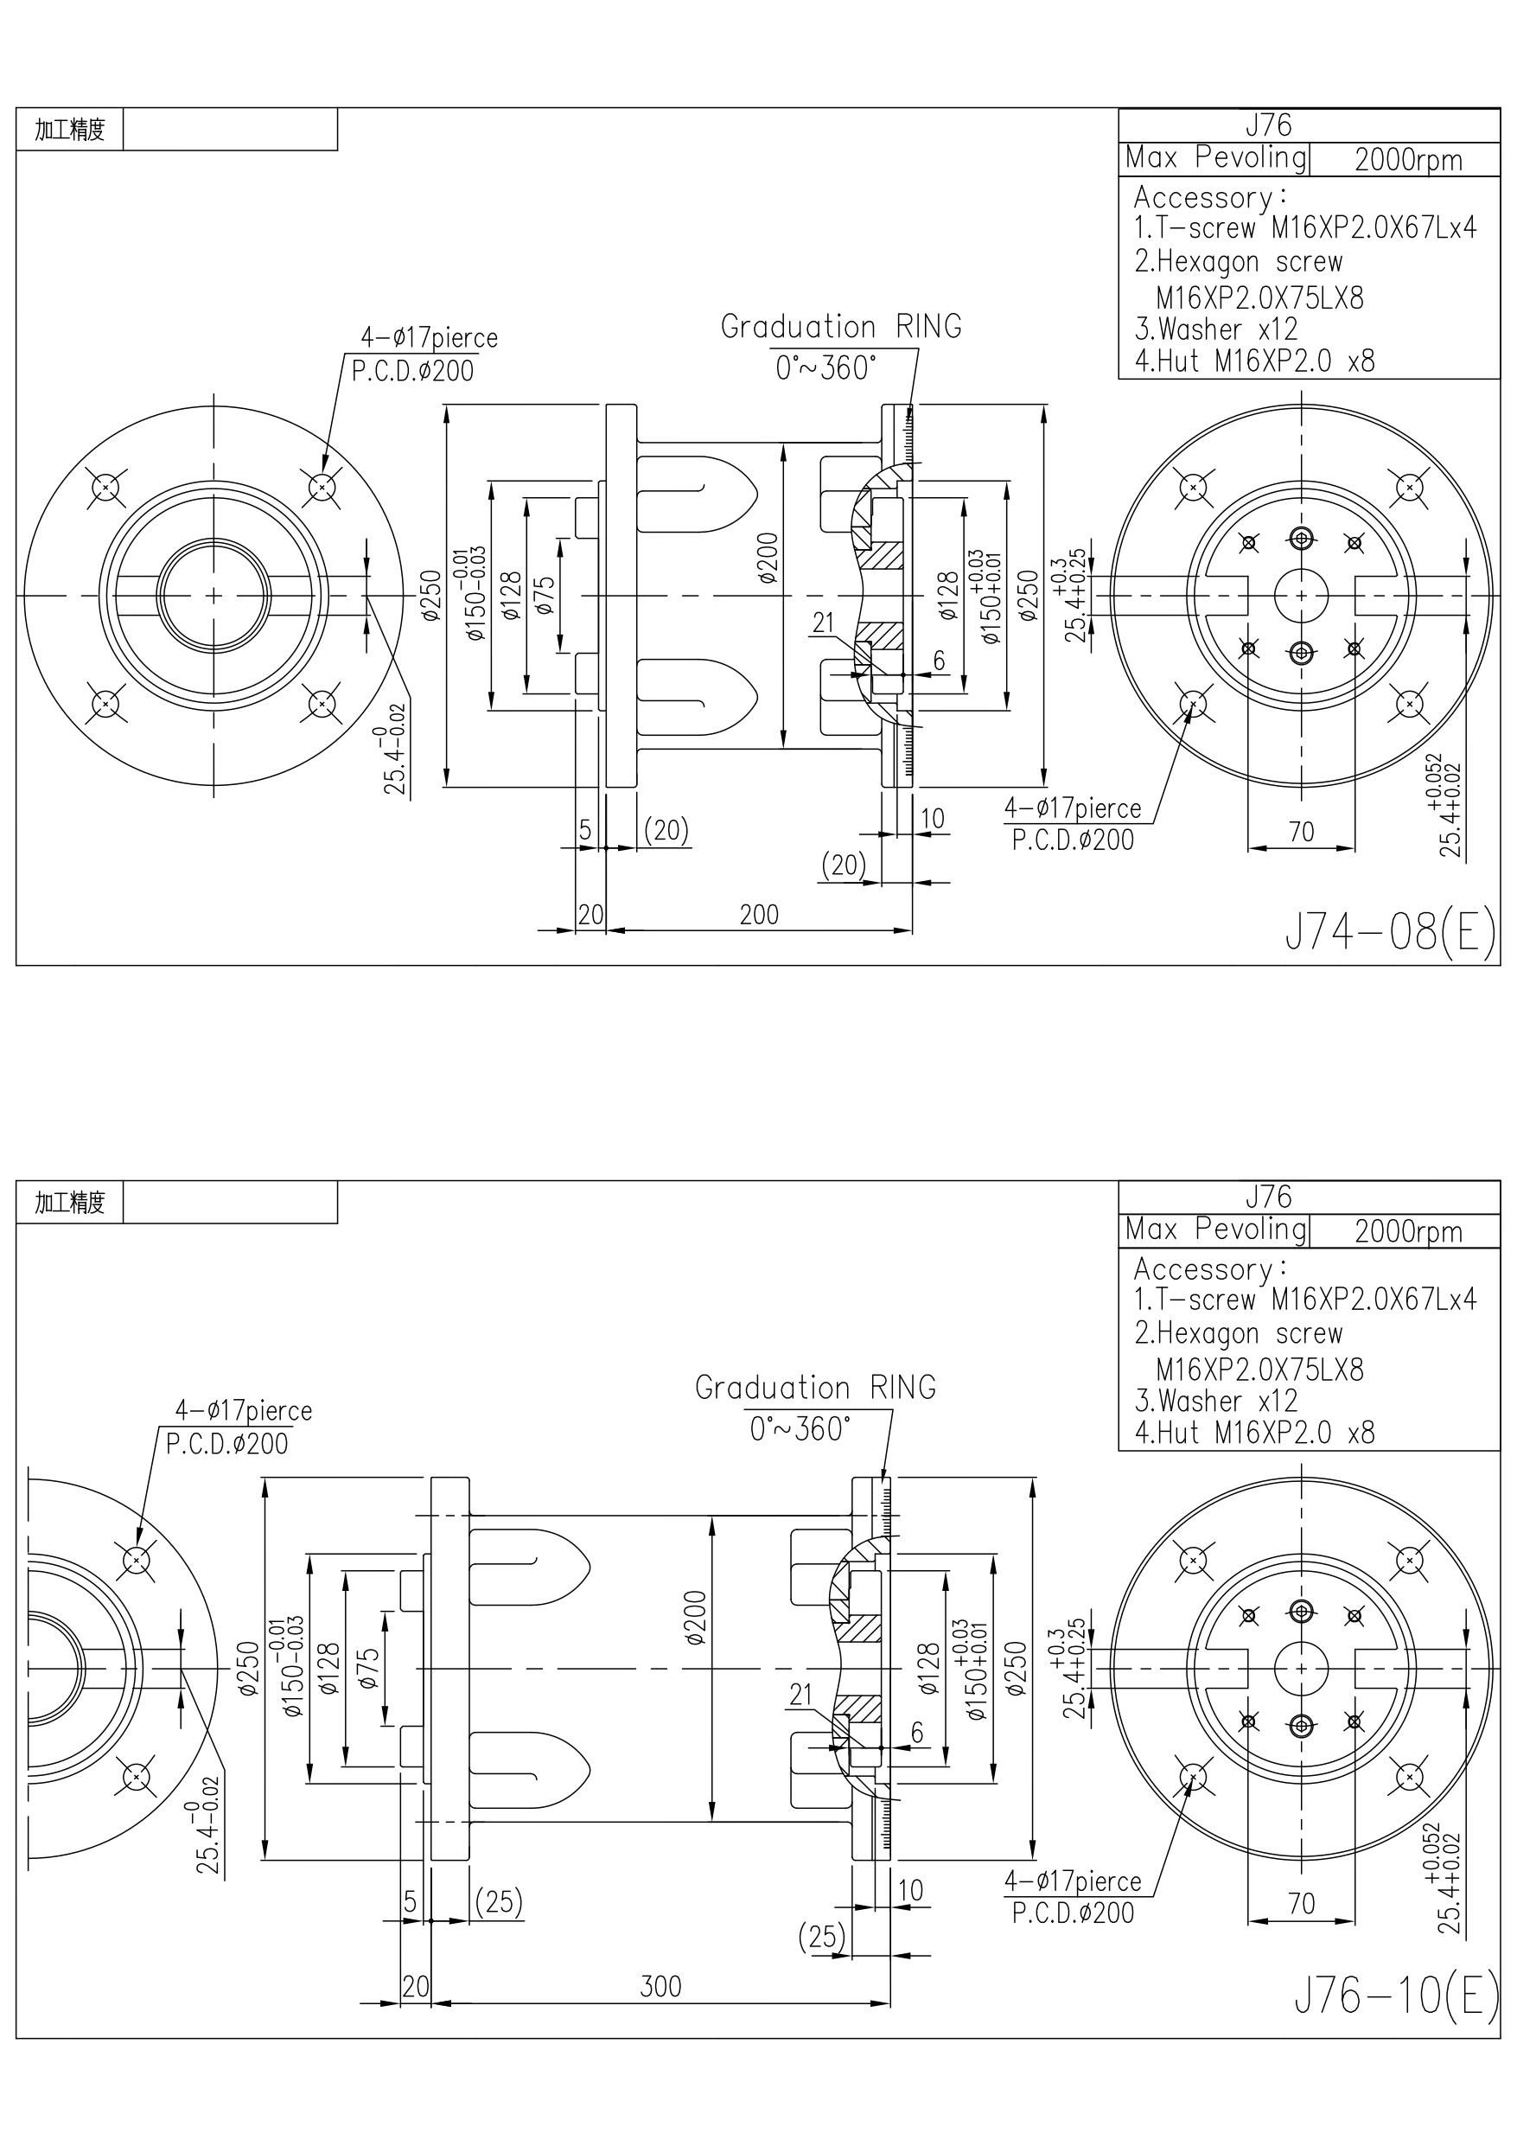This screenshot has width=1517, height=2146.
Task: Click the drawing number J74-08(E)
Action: coord(1391,931)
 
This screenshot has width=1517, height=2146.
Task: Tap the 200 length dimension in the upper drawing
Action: coord(758,915)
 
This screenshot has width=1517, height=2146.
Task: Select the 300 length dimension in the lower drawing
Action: coord(660,1986)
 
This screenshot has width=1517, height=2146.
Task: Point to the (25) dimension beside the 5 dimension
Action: coord(498,1901)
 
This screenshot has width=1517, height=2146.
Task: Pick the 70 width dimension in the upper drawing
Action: coord(1301,832)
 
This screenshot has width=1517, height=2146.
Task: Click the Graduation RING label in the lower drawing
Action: coord(815,1387)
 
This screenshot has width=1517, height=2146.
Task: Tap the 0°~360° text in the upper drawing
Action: coord(826,368)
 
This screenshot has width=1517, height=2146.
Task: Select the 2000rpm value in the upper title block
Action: coord(1407,160)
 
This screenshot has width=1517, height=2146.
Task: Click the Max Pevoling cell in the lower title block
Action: coord(1215,1229)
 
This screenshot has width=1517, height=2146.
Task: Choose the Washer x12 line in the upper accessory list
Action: coord(1216,329)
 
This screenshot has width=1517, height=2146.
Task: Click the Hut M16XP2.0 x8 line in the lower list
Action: coord(1254,1432)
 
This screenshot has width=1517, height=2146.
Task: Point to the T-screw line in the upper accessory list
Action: coord(1305,227)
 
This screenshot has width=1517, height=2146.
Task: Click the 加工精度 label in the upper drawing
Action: coord(70,129)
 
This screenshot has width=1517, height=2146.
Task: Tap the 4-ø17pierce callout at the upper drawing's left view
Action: coord(429,337)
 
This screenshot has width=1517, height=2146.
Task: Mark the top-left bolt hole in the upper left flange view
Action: coord(105,487)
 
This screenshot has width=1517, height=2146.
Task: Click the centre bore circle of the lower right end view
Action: coord(1301,1670)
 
